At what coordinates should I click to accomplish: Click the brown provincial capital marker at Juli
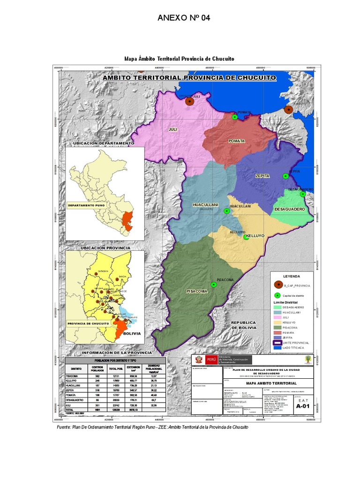tap(190, 101)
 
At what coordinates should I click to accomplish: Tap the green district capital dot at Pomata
tap(234, 117)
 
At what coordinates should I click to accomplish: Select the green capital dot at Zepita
tap(285, 176)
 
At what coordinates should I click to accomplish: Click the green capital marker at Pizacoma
tap(214, 285)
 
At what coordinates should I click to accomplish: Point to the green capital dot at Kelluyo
tap(246, 237)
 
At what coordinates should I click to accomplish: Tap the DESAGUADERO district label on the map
tap(290, 209)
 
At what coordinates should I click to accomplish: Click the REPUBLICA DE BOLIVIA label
tap(243, 325)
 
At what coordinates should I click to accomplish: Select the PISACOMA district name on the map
tap(197, 291)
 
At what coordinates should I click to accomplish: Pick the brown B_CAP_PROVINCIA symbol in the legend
tap(277, 285)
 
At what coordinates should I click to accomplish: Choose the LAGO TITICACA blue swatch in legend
tap(277, 348)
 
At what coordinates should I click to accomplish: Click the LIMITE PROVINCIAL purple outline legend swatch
tap(277, 343)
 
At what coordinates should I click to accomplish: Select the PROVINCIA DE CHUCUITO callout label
tap(89, 323)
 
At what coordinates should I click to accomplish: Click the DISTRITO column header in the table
tap(76, 368)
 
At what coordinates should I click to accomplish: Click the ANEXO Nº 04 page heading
tap(184, 18)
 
